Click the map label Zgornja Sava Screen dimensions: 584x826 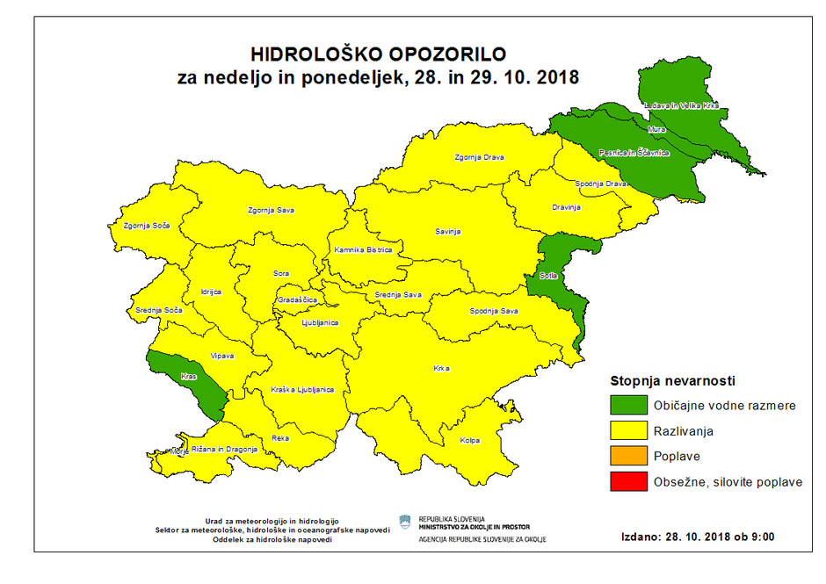point(271,211)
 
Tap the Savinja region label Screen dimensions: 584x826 point(447,232)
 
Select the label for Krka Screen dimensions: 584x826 point(442,369)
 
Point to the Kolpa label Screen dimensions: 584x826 point(470,440)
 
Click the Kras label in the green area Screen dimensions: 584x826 point(188,376)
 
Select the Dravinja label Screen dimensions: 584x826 point(567,207)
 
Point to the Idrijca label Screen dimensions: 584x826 point(211,291)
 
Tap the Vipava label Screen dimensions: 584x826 point(221,356)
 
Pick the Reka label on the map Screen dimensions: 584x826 point(280,436)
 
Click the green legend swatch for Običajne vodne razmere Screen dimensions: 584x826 point(627,407)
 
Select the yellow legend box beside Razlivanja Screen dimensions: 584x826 point(627,432)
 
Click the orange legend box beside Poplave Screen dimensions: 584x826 point(627,457)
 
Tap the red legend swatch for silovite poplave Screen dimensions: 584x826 point(627,482)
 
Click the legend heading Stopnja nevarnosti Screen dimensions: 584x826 point(672,381)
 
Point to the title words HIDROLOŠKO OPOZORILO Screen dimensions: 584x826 point(379,56)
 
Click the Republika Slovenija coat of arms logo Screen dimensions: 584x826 point(405,523)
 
